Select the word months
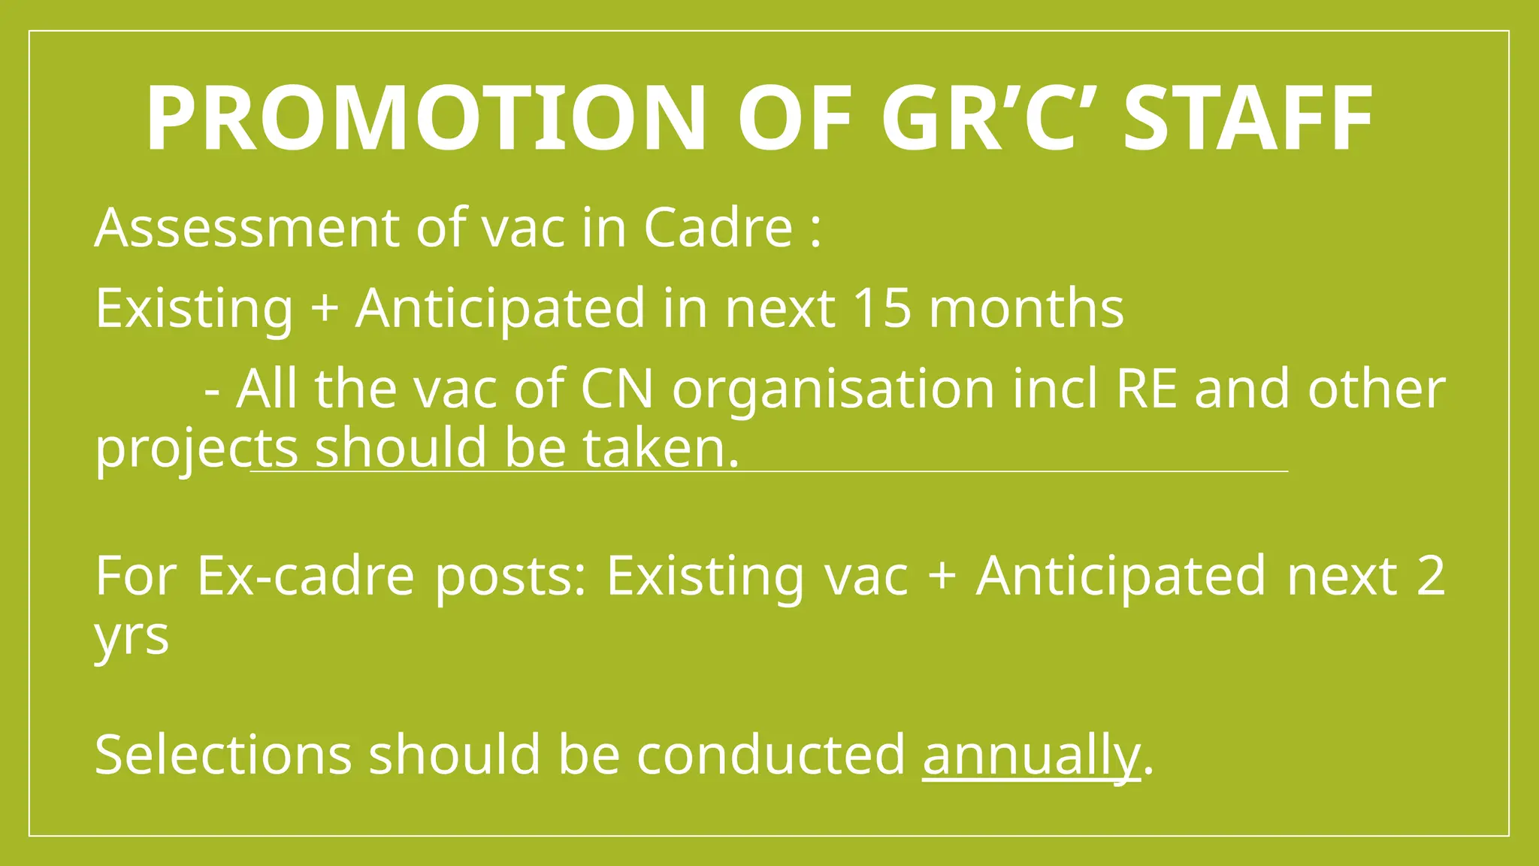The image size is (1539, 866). click(x=1027, y=308)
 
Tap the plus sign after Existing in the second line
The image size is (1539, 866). click(x=324, y=308)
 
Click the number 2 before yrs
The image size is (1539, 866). click(x=1430, y=577)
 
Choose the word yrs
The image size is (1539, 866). click(x=132, y=638)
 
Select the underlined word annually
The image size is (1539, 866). click(x=1031, y=756)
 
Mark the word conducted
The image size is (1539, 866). click(x=771, y=755)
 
